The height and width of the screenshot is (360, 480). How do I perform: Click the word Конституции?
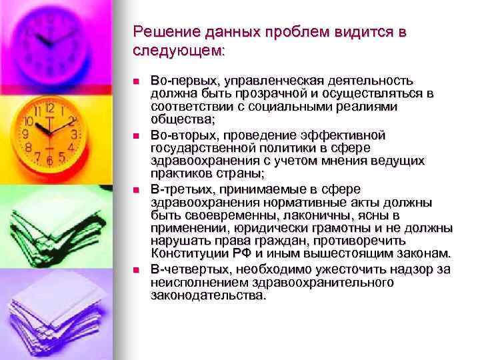[194, 253]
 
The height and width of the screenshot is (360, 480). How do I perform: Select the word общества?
[182, 120]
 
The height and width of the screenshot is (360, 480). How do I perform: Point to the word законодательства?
[208, 296]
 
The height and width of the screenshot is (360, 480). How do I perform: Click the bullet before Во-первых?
[135, 81]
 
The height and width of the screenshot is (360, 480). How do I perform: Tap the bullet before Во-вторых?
[135, 135]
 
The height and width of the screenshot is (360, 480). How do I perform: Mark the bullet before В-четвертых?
[135, 270]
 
